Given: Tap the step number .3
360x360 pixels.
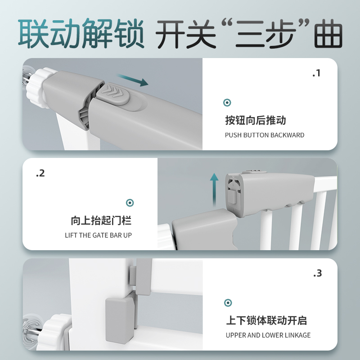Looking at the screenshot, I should pos(317,273).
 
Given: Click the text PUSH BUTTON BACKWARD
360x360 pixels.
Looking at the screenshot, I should pos(265,135).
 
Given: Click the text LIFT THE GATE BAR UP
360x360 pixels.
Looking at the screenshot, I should pos(99,235).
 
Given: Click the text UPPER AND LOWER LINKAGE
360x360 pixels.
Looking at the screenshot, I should pos(268,335).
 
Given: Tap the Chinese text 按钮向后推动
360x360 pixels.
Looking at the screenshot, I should pos(256,121).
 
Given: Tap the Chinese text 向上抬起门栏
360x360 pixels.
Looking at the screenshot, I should pos(101,221).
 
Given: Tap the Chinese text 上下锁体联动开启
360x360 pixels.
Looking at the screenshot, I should pos(266,321).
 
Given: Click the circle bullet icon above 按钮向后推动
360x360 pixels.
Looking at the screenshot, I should pos(227,103).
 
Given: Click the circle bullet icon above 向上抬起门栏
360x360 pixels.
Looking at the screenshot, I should pos(130,203).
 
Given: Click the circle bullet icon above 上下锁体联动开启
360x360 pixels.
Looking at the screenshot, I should pos(228,303).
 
